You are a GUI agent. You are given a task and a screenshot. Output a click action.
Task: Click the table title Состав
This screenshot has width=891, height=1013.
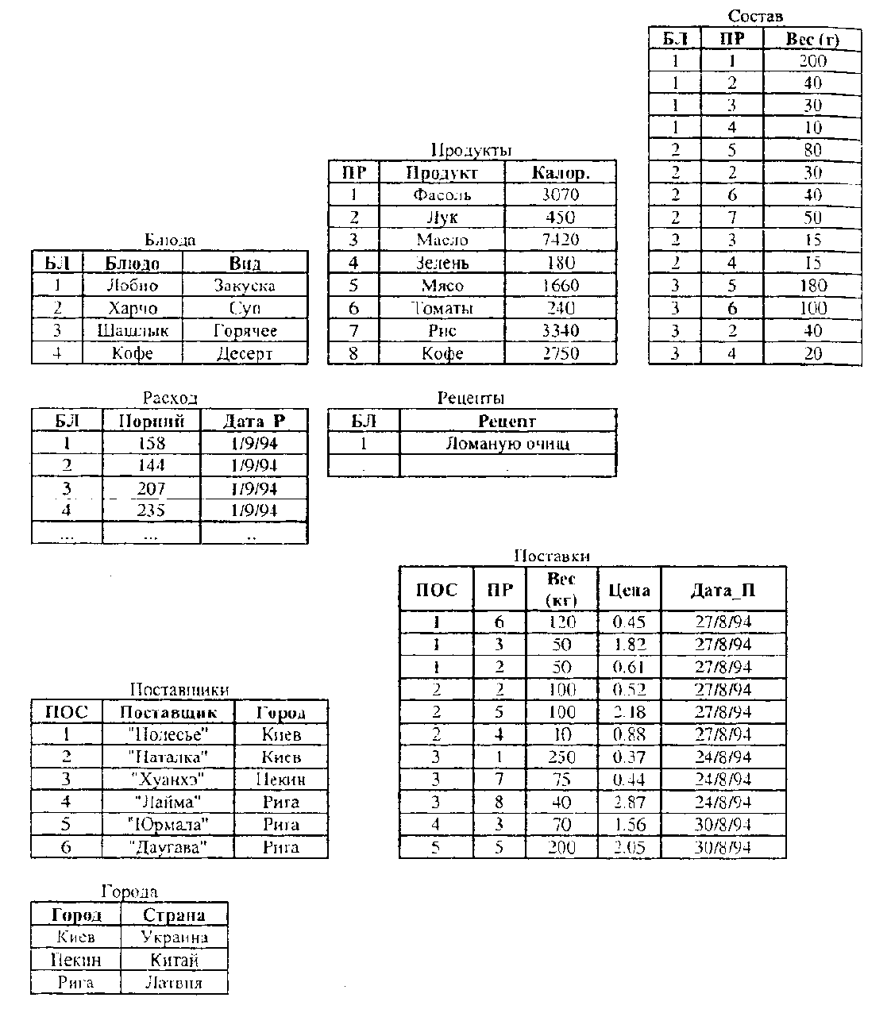(755, 16)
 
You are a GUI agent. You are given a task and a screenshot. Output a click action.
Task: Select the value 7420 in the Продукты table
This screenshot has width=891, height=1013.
(561, 240)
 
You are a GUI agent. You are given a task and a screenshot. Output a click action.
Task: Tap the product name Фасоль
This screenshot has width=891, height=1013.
(442, 195)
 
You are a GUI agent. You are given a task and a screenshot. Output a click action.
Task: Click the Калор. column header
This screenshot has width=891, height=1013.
(561, 172)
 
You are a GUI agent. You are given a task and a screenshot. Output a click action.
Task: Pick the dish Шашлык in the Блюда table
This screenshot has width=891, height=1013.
(132, 330)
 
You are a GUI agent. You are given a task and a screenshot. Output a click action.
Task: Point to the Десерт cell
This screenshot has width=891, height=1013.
(245, 353)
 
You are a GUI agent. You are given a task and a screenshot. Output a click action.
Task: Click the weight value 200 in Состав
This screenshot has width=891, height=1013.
(812, 60)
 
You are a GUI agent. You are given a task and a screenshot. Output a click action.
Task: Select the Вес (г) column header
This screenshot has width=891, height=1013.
(812, 38)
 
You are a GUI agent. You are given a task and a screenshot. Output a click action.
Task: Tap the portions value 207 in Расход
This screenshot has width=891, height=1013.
(151, 488)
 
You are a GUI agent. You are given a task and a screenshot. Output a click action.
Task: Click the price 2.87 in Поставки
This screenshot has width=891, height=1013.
(629, 803)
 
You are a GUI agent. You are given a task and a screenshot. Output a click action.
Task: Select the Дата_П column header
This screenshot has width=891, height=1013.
(723, 590)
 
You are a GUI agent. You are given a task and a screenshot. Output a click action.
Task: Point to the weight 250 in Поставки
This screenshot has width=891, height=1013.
(561, 757)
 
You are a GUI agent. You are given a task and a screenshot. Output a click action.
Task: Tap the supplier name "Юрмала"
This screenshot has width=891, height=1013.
(168, 825)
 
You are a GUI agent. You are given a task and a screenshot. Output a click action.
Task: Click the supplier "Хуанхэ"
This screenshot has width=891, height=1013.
(168, 780)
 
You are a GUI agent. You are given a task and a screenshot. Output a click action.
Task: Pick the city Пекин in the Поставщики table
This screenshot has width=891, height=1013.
(280, 780)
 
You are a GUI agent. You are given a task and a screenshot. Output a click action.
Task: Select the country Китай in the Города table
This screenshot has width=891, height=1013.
(174, 961)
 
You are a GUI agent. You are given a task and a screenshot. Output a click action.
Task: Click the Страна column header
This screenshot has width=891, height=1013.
(174, 915)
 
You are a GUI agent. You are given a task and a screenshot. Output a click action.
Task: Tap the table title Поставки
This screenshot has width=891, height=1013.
(552, 556)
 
